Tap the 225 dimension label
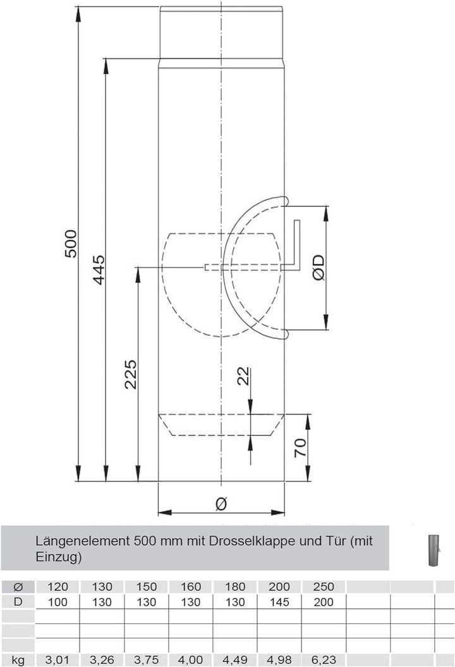tap(130, 375)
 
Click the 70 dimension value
tap(301, 447)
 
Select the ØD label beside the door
tap(318, 268)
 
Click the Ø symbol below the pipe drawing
tap(221, 504)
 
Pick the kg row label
tap(18, 661)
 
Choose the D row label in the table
tap(18, 601)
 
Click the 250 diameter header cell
tap(324, 587)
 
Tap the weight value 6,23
tap(324, 661)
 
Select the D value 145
tap(279, 602)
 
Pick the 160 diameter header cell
tap(191, 587)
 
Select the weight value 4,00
tap(191, 661)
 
